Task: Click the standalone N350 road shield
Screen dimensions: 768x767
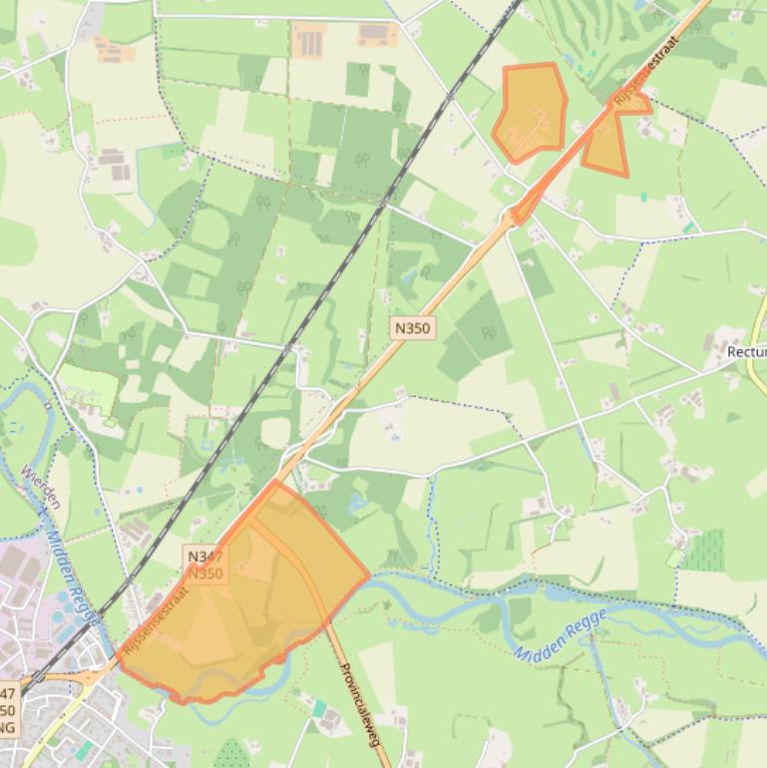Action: point(413,327)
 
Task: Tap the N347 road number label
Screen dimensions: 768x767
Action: point(204,557)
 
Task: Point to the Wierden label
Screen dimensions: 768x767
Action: point(41,486)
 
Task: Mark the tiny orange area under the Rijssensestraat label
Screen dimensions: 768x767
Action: point(633,103)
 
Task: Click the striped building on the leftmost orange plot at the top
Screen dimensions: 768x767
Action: point(310,43)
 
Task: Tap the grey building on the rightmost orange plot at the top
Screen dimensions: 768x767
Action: point(376,34)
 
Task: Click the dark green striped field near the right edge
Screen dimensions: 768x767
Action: point(706,549)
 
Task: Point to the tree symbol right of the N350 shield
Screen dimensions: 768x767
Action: point(489,333)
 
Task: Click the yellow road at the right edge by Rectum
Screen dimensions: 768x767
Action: point(756,339)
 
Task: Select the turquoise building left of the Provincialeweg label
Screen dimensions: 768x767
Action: point(318,708)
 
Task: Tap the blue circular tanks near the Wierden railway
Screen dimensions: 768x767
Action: point(64,604)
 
